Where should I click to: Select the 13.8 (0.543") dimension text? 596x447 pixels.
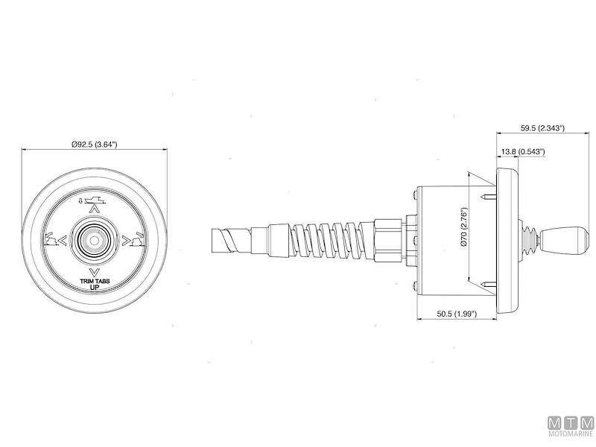tap(523, 151)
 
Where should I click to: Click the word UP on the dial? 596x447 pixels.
tap(95, 288)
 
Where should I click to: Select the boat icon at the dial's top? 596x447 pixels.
tap(95, 199)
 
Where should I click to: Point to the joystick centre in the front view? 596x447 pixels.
tap(95, 239)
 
